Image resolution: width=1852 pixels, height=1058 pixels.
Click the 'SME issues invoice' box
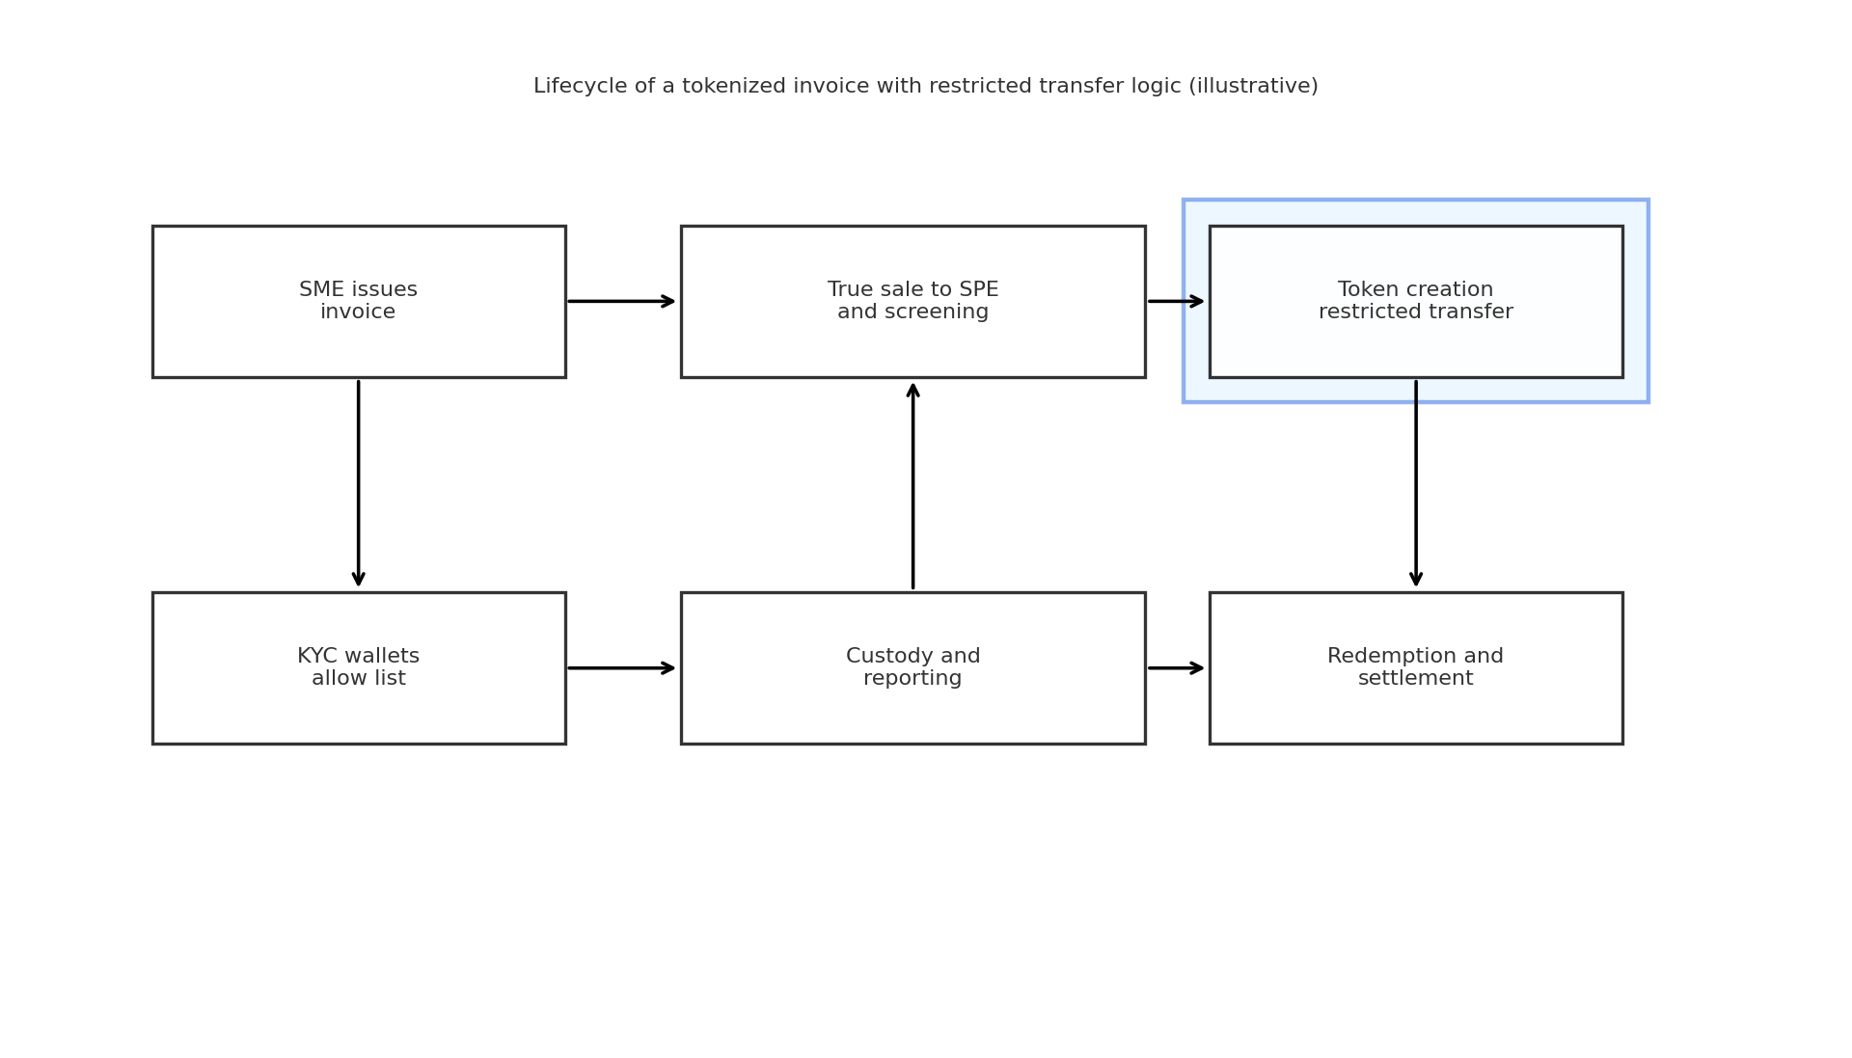coord(359,302)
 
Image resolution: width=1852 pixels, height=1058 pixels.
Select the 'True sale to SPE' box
coord(913,302)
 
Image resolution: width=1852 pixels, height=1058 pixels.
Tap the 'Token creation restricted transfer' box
coord(1416,302)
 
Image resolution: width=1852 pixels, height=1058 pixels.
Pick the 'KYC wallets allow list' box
coord(359,668)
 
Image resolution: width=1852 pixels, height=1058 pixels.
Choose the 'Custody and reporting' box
coord(913,668)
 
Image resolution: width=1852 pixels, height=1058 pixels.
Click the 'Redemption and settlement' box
coord(1416,668)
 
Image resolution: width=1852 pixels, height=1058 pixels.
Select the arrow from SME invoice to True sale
coord(622,302)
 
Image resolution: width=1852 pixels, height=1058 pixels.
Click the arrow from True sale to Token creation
coord(1177,302)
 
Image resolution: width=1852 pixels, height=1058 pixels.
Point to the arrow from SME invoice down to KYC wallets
coord(359,483)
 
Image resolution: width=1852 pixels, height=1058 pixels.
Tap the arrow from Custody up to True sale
coord(913,485)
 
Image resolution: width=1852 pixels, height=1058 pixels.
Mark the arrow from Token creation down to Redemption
coord(1416,483)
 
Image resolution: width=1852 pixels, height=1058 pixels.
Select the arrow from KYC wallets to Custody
coord(622,668)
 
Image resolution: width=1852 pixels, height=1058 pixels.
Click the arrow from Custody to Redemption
coord(1177,668)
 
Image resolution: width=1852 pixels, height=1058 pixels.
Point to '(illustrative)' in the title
coord(1253,87)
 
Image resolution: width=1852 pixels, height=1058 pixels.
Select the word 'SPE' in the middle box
coord(978,290)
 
